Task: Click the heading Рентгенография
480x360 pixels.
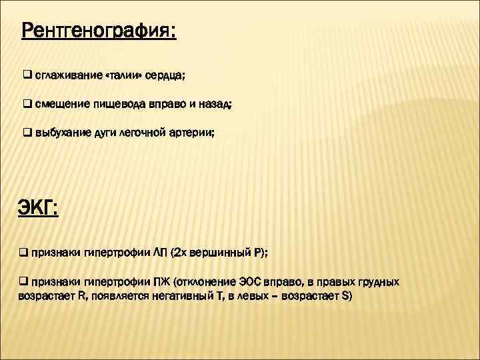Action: click(x=99, y=31)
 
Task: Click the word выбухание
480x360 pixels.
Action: click(x=61, y=133)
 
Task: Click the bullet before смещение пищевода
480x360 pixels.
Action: click(x=27, y=104)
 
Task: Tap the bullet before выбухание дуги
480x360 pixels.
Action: click(x=27, y=133)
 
